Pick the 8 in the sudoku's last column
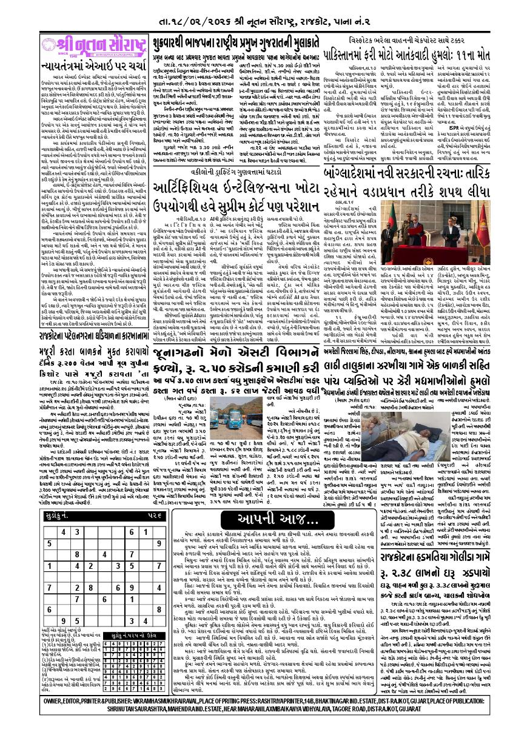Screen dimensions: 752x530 141,534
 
